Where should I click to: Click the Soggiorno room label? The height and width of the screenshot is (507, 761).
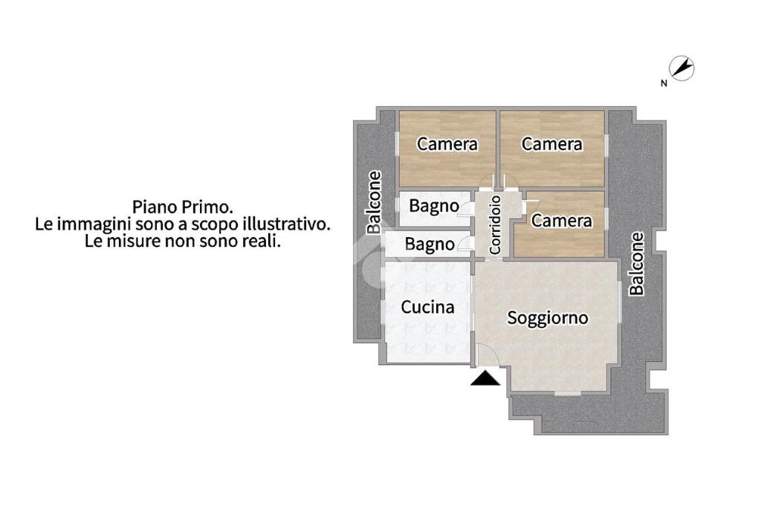click(548, 319)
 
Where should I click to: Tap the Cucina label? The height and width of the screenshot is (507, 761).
click(427, 307)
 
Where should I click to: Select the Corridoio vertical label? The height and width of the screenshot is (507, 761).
click(495, 225)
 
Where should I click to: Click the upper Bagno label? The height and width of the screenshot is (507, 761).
click(434, 207)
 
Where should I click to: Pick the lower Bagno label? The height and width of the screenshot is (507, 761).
click(430, 245)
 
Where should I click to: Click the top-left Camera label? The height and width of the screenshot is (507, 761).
click(447, 144)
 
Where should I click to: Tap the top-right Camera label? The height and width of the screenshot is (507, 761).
click(552, 144)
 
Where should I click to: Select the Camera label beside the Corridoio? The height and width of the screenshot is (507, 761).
click(562, 221)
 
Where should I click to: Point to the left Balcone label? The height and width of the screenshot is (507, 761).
click(375, 202)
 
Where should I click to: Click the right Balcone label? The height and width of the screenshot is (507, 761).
click(637, 264)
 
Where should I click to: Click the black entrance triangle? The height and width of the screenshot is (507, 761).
click(485, 378)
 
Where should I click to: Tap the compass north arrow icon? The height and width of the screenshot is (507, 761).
click(682, 68)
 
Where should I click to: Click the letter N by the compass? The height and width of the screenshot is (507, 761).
click(664, 83)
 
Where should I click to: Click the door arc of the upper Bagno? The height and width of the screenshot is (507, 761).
click(465, 208)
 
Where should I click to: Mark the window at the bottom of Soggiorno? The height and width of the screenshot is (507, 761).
click(567, 393)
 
